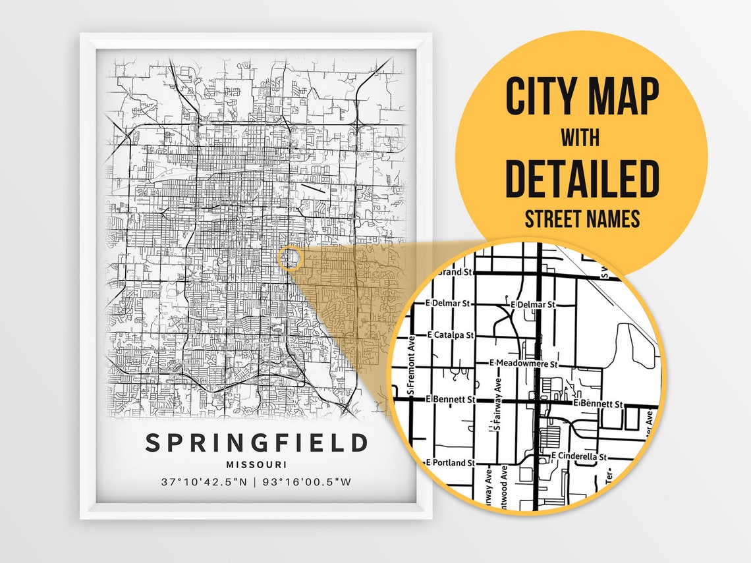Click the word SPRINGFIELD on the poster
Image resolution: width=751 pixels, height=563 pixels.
(x=256, y=442)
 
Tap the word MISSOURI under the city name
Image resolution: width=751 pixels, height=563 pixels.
(x=256, y=465)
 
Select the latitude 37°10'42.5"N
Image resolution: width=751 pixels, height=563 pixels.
(x=204, y=482)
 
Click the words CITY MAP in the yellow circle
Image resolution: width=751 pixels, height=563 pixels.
(x=582, y=97)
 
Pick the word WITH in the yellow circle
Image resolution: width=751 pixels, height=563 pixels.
(x=580, y=139)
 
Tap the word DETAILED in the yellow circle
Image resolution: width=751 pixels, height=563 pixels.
(x=582, y=179)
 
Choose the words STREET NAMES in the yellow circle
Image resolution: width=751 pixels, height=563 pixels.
(x=582, y=219)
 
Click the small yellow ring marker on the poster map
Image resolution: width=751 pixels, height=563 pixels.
(x=289, y=258)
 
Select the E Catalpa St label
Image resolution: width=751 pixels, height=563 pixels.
(x=451, y=335)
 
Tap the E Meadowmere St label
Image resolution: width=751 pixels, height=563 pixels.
(x=524, y=363)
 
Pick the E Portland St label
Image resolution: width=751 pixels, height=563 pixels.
(x=451, y=463)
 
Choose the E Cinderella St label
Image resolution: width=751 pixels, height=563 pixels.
(x=578, y=456)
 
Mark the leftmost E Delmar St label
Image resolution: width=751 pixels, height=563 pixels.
(x=447, y=304)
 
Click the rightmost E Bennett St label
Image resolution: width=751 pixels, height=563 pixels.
(x=598, y=403)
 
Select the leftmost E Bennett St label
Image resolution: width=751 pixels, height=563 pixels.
(x=451, y=399)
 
